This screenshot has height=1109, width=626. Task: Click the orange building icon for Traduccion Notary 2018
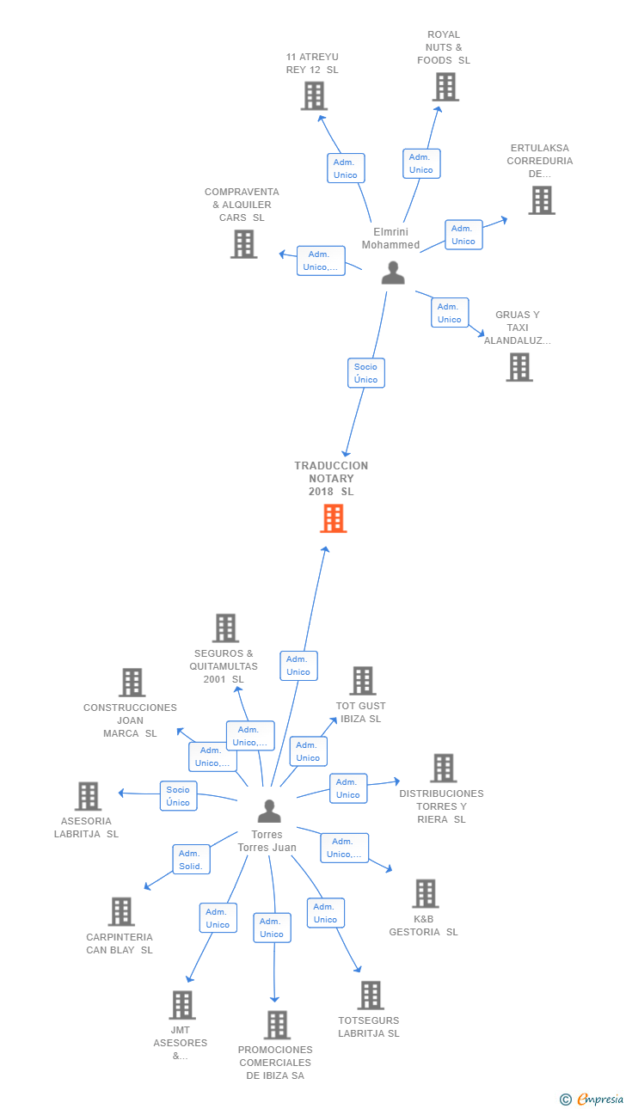[x=334, y=518]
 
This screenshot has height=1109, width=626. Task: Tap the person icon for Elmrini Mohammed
[x=393, y=273]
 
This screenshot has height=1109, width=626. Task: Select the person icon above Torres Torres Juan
[x=269, y=811]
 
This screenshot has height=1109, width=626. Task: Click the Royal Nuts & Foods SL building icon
[x=445, y=87]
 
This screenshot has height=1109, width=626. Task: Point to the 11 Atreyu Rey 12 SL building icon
[x=315, y=96]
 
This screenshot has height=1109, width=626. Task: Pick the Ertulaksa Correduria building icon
[x=542, y=200]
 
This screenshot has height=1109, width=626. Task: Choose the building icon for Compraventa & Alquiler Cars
[x=244, y=244]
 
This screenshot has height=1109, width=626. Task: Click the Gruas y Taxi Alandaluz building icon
[x=519, y=367]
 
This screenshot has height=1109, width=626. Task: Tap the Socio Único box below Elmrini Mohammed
[x=366, y=373]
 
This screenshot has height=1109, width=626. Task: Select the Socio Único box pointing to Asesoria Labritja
[x=178, y=795]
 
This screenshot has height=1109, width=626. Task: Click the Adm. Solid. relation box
[x=191, y=859]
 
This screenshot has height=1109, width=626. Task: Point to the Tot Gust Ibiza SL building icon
[x=363, y=681]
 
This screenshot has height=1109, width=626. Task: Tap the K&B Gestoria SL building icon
[x=426, y=893]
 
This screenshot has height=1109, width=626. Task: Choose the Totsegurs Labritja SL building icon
[x=371, y=996]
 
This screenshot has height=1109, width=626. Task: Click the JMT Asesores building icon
[x=182, y=1005]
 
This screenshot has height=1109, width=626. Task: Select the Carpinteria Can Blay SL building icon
[x=121, y=911]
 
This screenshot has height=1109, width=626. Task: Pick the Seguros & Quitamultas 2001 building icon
[x=226, y=628]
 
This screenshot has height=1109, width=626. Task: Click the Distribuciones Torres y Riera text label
[x=442, y=806]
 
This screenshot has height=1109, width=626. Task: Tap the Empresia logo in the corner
[x=592, y=1099]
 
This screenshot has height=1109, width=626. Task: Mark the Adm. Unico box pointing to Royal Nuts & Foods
[x=421, y=163]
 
